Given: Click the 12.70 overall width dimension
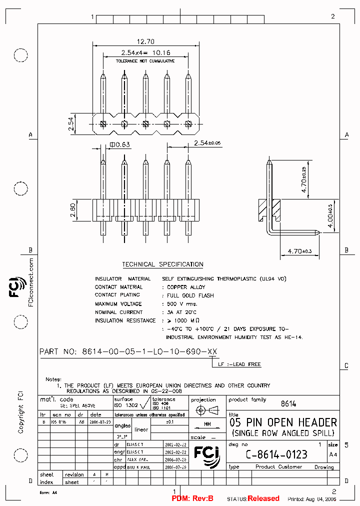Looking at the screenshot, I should [145, 42].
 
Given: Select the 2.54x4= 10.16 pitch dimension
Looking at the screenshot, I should [145, 52].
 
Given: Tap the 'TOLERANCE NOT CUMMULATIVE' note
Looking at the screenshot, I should [145, 60].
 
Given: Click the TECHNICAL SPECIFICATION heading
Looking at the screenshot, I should [162, 264].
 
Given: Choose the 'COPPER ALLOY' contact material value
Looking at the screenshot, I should [185, 287].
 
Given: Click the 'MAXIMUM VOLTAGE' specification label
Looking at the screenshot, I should [118, 304].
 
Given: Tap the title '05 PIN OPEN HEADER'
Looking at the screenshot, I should [283, 422].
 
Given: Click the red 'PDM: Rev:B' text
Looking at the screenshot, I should [192, 498].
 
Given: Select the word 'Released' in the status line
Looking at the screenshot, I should [263, 498].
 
